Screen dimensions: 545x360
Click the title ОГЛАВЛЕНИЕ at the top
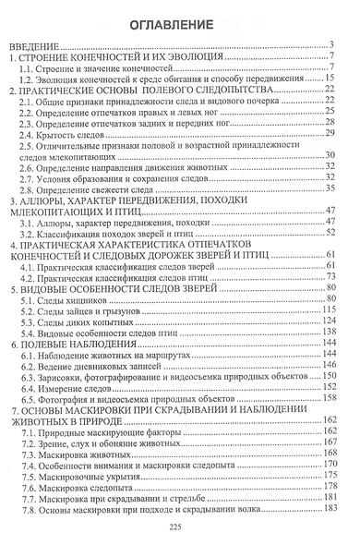pyautogui.click(x=180, y=21)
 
